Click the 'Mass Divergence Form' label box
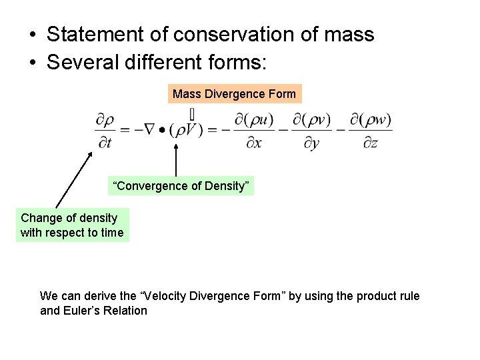pyautogui.click(x=234, y=94)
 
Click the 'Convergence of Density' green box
pyautogui.click(x=181, y=186)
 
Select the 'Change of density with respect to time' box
pyautogui.click(x=72, y=225)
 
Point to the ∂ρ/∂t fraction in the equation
pyautogui.click(x=105, y=131)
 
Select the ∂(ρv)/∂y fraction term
pyautogui.click(x=311, y=131)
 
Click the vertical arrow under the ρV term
pyautogui.click(x=175, y=161)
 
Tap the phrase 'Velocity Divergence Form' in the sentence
pyautogui.click(x=218, y=296)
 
